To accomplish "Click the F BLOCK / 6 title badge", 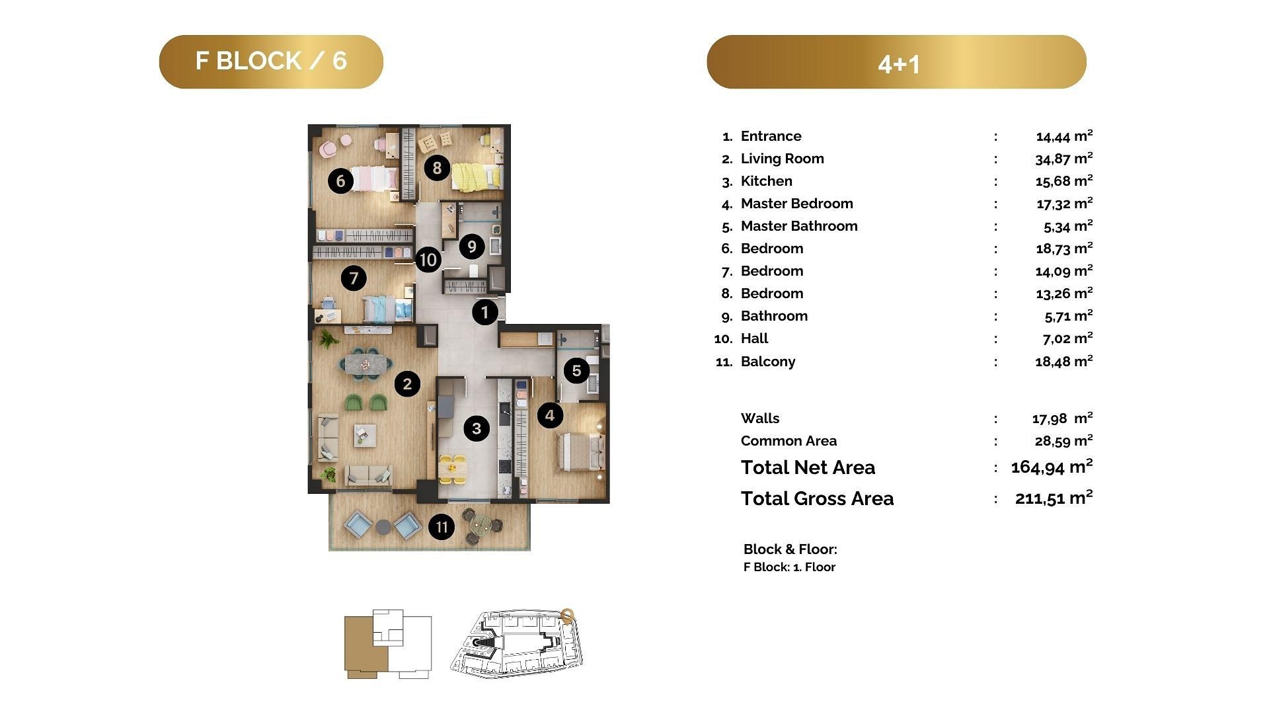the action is point(271,61).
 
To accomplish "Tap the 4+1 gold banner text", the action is point(898,64).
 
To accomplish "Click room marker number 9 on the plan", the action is point(471,247).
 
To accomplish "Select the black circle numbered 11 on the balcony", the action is point(442,527).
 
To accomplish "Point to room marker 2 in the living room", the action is point(407,383).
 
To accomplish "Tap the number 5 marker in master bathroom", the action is point(576,370).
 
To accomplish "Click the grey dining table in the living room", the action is point(367,364).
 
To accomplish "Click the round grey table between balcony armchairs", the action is point(383,527).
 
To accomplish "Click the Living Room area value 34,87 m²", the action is point(1064,159).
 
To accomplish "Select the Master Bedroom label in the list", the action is point(796,204).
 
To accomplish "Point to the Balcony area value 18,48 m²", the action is point(1064,362).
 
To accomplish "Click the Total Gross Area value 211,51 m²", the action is point(1054,498).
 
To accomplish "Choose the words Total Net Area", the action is point(808,467).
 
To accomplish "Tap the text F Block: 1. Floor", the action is point(789,567).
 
